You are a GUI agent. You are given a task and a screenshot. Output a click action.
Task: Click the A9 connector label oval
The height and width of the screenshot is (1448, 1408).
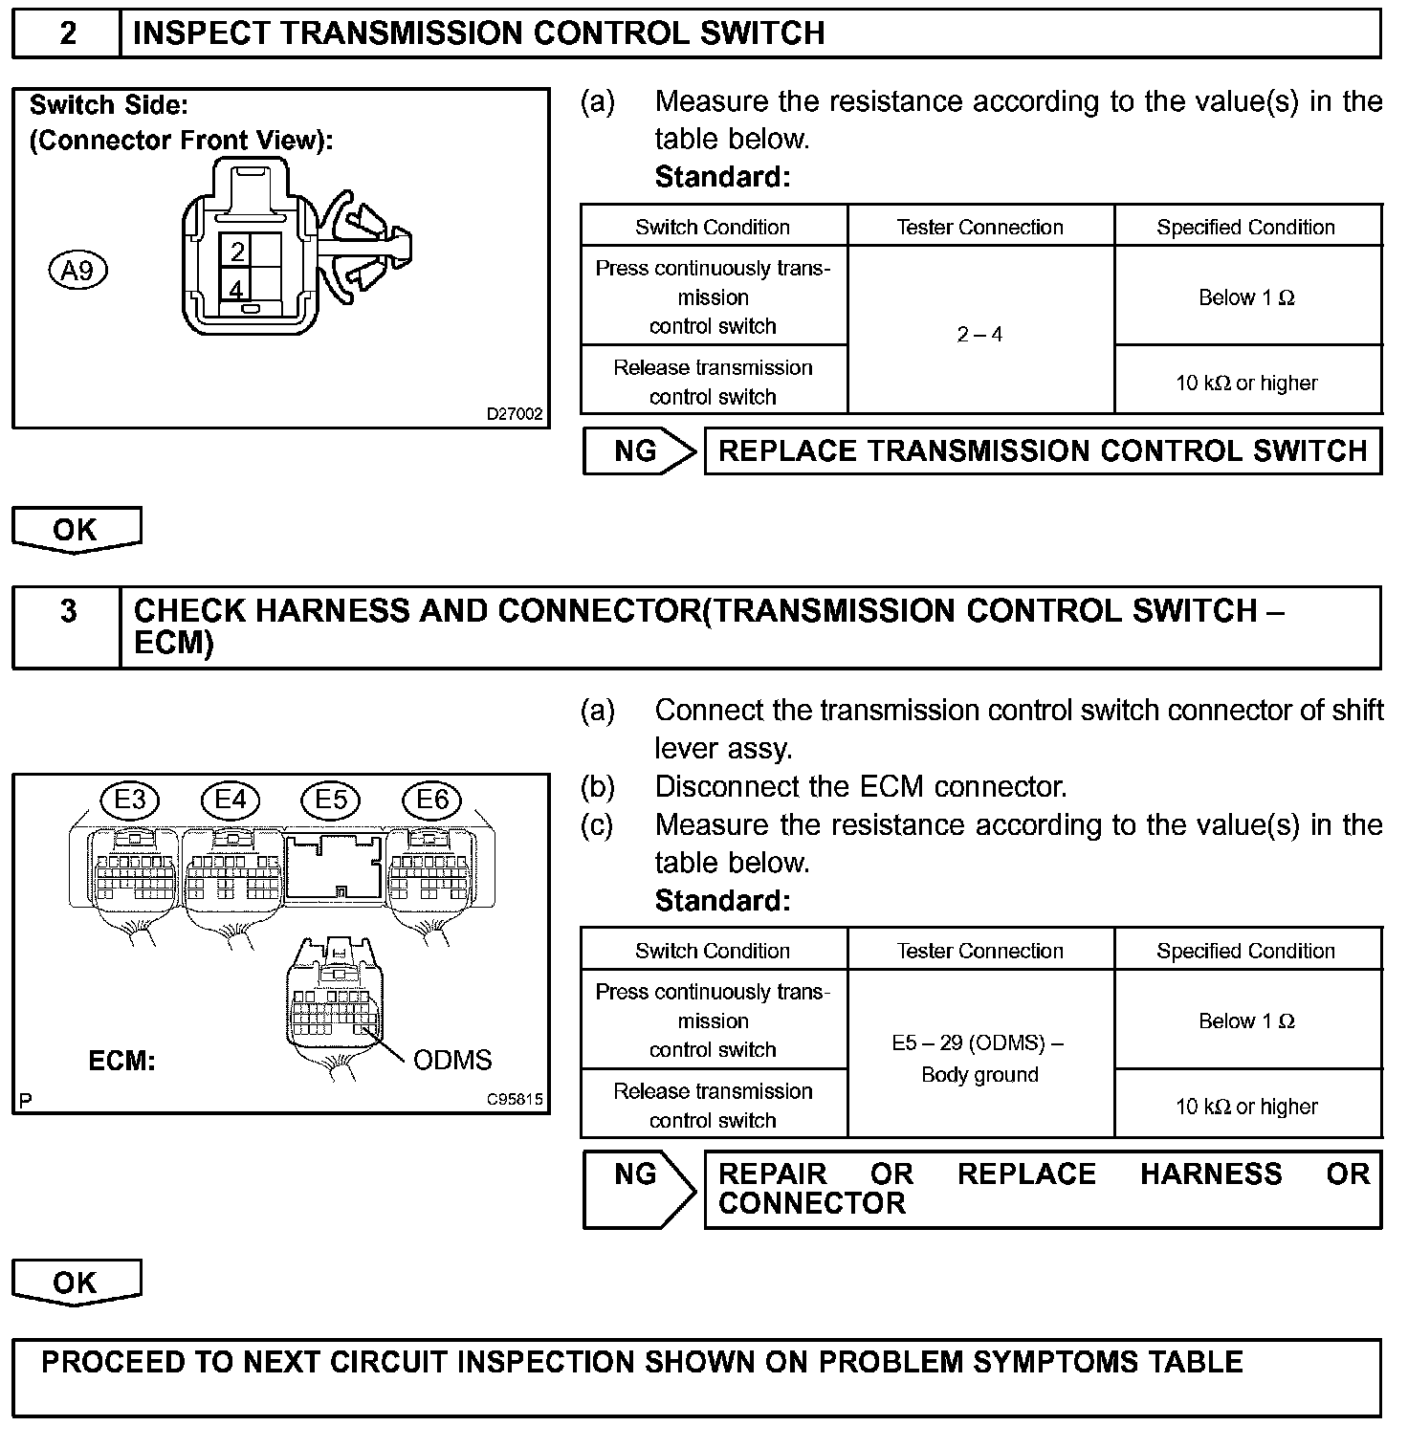77,272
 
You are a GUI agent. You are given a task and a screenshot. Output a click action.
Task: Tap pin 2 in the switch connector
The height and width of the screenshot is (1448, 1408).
238,252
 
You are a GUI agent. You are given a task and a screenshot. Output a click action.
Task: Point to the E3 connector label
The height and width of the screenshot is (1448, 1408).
130,799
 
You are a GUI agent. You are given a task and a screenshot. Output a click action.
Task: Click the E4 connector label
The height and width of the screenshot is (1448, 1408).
231,799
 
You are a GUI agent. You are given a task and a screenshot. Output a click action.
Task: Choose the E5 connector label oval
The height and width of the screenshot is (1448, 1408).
331,799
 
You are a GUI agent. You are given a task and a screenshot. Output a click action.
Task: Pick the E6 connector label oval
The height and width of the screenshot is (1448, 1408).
432,799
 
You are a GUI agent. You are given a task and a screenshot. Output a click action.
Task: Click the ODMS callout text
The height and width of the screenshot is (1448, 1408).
452,1060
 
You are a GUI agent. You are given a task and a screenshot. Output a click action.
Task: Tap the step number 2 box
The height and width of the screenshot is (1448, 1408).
67,33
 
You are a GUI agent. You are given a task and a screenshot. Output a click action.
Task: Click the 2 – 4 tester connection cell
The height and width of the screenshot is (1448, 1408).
980,334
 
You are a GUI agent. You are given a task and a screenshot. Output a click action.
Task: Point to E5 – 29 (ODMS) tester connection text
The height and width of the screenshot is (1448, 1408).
978,1042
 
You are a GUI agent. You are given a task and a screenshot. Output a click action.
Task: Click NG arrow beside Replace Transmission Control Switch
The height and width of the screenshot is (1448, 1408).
639,450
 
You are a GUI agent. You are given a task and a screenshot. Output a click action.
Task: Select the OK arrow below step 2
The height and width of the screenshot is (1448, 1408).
77,529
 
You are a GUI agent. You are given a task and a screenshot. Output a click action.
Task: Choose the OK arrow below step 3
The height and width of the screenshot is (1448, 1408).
77,1282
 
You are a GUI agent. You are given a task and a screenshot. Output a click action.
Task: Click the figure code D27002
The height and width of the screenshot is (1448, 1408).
515,414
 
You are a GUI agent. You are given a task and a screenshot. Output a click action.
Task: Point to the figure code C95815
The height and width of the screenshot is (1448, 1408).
515,1099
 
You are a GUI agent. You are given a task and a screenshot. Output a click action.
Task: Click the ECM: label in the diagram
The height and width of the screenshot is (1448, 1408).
121,1061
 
